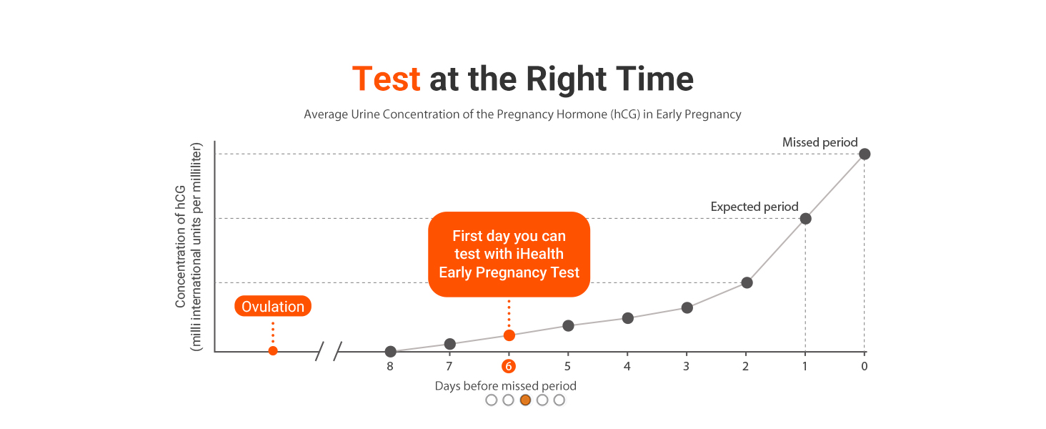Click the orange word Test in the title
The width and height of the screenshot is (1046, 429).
386,79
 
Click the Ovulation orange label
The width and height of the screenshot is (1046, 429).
273,307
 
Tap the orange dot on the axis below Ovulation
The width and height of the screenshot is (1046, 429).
273,350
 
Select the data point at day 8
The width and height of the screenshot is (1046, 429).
390,351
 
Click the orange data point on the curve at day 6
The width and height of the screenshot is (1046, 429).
509,335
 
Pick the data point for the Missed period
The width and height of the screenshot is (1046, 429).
865,154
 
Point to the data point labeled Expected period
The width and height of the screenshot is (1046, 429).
805,218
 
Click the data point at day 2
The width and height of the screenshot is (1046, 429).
747,282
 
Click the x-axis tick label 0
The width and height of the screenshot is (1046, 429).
865,367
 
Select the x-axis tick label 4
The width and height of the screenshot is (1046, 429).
627,367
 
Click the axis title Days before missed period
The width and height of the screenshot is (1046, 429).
505,385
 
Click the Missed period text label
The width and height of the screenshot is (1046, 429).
820,142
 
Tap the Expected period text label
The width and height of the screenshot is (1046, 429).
754,207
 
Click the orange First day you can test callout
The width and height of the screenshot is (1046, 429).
509,254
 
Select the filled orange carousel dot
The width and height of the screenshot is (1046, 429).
525,400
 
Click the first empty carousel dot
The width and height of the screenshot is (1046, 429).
491,400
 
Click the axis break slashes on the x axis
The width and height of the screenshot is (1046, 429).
329,351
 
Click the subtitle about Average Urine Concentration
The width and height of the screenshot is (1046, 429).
522,114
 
